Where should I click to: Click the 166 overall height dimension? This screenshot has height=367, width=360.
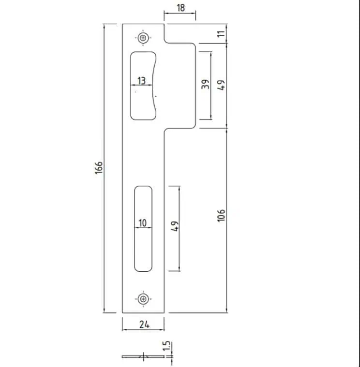(99, 168)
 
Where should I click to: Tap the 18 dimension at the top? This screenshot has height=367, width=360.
(181, 8)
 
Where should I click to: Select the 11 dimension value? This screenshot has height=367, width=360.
(221, 33)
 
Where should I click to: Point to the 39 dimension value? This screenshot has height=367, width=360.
(206, 84)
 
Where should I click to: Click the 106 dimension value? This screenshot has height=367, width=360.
(221, 216)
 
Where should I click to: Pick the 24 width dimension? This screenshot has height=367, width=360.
(144, 324)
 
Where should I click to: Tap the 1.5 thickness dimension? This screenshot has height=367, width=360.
(166, 346)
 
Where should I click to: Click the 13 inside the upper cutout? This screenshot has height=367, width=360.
(141, 81)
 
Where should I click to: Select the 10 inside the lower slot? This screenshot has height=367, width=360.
(142, 223)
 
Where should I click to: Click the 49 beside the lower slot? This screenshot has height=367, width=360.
(175, 226)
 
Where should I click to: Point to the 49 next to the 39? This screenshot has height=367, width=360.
(221, 85)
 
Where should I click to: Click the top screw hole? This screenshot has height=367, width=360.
(143, 38)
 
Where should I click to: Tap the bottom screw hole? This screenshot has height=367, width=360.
(143, 299)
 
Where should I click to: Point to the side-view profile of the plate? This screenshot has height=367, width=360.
(143, 357)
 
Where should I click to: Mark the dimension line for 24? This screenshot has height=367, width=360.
(143, 330)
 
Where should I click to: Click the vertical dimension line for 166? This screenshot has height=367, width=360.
(104, 168)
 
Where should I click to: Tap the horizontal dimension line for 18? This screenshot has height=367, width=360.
(180, 14)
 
